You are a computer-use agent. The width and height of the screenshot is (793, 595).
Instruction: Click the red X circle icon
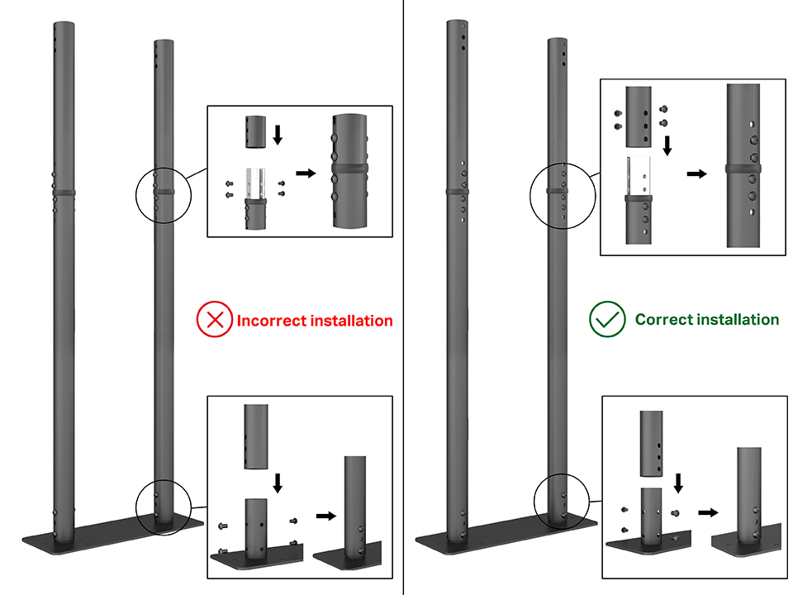[x=215, y=320]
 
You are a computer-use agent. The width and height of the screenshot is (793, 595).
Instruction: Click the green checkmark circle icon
[x=606, y=319]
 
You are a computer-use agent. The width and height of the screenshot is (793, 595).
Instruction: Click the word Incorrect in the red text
[x=272, y=321]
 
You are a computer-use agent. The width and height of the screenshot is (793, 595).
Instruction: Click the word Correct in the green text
[x=661, y=319]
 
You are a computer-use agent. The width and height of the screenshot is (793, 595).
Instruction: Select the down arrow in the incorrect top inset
[x=278, y=134]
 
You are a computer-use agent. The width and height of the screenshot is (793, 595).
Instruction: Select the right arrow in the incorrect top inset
[x=306, y=174]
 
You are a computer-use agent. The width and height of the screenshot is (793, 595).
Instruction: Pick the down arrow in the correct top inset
[x=667, y=146]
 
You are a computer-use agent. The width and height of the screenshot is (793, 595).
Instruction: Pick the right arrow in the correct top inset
[x=697, y=174]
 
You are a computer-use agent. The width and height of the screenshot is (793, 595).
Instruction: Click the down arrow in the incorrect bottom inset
[x=277, y=482]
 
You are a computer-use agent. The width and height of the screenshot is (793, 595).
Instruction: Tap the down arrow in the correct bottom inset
[x=679, y=481]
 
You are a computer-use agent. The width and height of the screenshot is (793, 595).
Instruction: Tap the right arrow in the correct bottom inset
[x=706, y=512]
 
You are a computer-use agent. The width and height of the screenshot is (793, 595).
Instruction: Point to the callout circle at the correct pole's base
[x=562, y=501]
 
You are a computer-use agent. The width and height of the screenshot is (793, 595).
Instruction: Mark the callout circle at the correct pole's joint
[x=559, y=193]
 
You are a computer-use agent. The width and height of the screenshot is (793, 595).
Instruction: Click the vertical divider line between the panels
[x=404, y=297]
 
